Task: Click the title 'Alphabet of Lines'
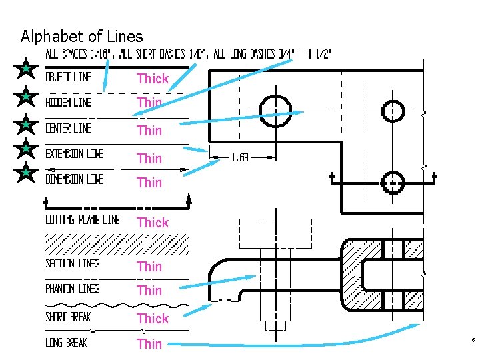(81, 36)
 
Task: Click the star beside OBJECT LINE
(25, 69)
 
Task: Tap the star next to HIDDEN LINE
(25, 97)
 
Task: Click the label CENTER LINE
(68, 127)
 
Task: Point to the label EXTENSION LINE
(75, 154)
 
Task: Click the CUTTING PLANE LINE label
(82, 219)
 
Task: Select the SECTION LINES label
(73, 263)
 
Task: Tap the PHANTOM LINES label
(73, 289)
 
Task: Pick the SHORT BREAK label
(68, 317)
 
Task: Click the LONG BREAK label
(66, 343)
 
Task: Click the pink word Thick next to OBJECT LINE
(153, 79)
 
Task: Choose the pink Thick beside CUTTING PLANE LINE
(153, 223)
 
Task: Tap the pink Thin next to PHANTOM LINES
(149, 291)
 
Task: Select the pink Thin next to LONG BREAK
(149, 344)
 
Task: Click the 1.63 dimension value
(241, 158)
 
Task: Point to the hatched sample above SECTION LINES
(116, 244)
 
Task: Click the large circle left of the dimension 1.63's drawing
(275, 110)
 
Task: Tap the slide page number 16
(471, 341)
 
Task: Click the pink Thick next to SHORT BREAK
(153, 319)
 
